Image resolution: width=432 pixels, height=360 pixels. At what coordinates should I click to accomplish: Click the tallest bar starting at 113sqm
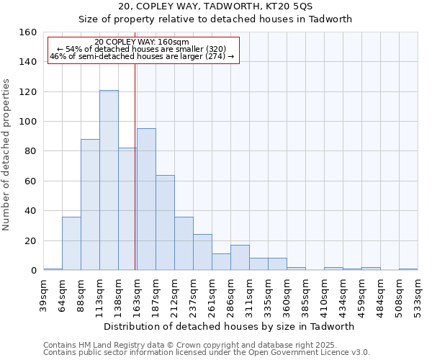(109, 180)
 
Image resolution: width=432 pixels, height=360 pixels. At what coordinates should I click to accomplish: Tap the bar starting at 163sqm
(146, 199)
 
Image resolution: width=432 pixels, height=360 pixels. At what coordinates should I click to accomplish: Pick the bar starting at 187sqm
(165, 222)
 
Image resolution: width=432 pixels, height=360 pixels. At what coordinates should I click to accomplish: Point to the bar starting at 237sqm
(202, 252)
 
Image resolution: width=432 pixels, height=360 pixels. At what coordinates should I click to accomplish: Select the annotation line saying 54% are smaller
(142, 49)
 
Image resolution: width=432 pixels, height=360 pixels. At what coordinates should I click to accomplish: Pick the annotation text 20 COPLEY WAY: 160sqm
(142, 42)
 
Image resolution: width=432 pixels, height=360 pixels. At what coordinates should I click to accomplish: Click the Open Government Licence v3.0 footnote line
(207, 353)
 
